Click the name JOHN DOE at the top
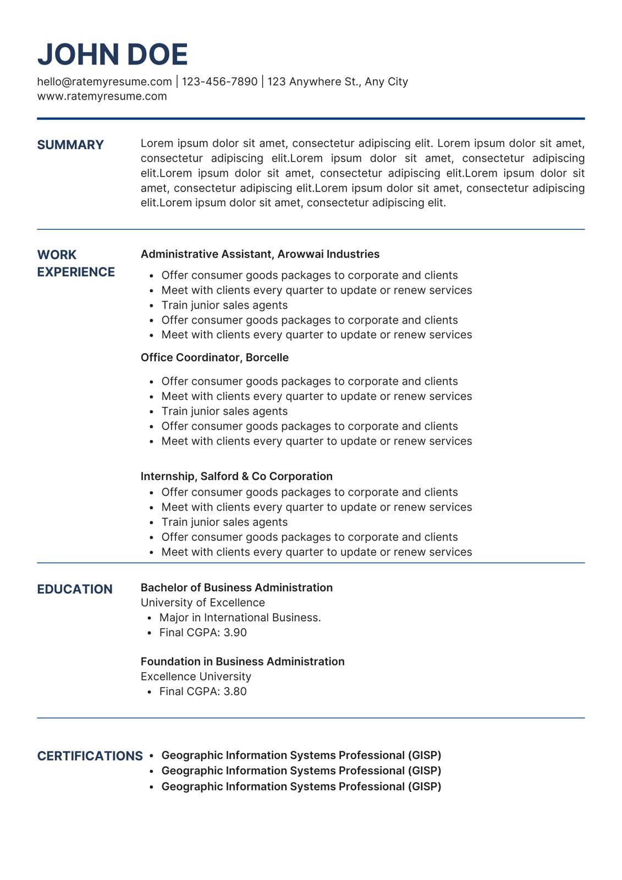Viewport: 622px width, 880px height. click(113, 54)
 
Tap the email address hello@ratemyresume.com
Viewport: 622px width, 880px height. click(104, 82)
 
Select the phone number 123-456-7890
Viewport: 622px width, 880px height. click(219, 82)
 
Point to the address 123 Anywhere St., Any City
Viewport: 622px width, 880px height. click(338, 82)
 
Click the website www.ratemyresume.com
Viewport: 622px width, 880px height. click(102, 97)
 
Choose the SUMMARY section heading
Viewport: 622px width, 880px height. click(70, 145)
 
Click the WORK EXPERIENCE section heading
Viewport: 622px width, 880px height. click(76, 263)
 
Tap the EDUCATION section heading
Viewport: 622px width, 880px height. click(75, 590)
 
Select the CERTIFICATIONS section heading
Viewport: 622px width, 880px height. click(90, 756)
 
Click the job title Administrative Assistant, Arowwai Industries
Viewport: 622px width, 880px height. click(260, 254)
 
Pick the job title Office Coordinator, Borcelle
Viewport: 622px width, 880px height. click(214, 358)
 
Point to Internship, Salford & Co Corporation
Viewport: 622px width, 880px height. click(236, 476)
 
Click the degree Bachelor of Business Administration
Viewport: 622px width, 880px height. click(236, 587)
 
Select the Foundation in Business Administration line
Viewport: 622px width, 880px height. click(243, 662)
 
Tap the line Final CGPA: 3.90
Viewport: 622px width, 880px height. click(203, 632)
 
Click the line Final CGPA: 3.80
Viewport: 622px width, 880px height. click(203, 691)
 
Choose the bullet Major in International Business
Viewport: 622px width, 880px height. click(240, 618)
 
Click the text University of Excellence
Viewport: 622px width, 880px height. click(203, 603)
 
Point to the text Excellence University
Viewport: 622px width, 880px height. click(196, 676)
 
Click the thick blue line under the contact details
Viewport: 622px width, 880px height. click(311, 118)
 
